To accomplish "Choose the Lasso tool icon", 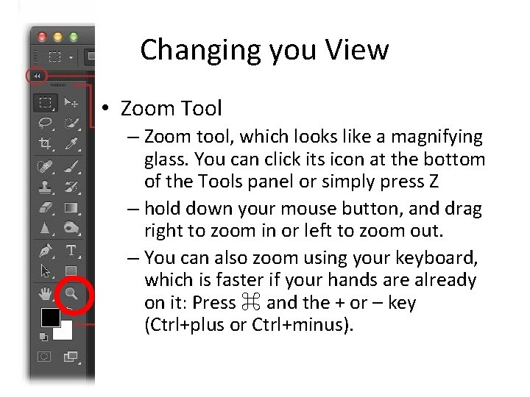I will [46, 123].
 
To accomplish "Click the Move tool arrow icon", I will [72, 103].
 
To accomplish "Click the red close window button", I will [42, 35].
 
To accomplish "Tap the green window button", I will [74, 35].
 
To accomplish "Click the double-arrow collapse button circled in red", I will [36, 75].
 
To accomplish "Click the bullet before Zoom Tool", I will [107, 109].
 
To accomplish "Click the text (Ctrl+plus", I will [185, 324].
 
